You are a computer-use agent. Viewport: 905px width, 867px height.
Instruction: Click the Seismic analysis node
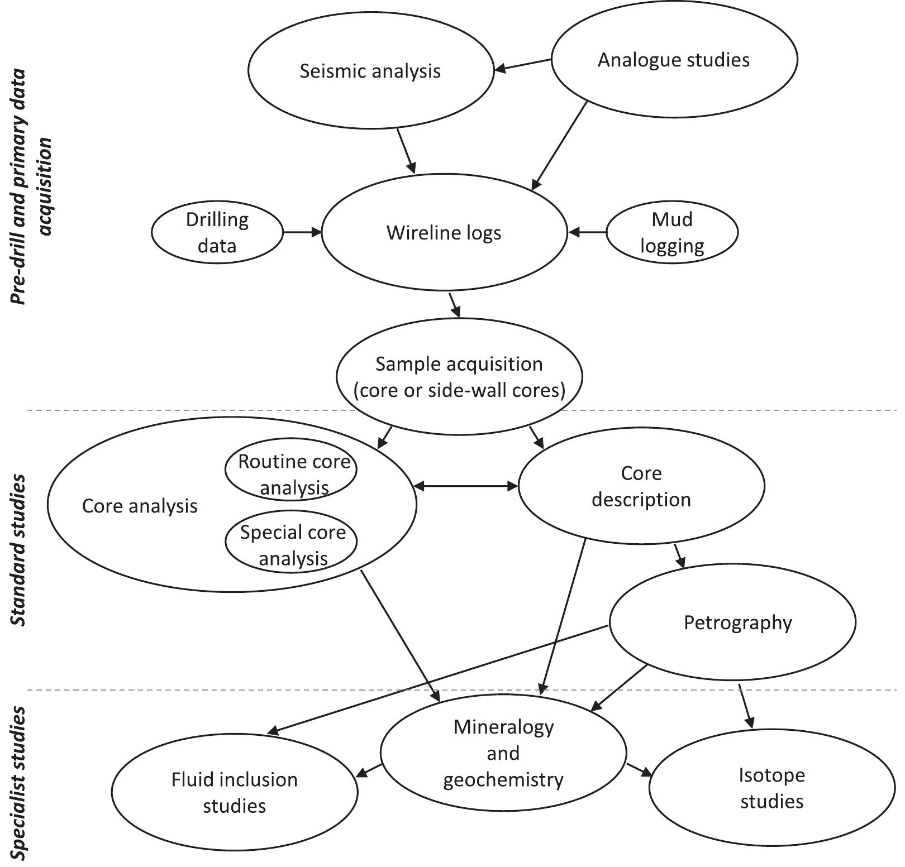[370, 71]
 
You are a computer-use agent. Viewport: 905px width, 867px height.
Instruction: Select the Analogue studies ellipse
[674, 60]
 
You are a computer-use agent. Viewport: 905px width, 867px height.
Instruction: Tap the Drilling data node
[217, 232]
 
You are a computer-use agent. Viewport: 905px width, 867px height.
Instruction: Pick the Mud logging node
[671, 232]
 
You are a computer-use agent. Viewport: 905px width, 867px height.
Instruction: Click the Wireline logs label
[444, 233]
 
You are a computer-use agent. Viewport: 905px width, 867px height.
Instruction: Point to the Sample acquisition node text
[459, 377]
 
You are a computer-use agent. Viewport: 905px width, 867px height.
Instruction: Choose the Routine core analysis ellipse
[292, 474]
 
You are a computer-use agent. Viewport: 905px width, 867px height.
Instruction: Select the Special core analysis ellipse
[292, 545]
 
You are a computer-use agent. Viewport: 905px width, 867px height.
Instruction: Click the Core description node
[641, 486]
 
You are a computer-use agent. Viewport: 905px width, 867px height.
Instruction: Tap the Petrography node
[737, 622]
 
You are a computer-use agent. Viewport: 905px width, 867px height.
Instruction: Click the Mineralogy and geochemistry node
[503, 753]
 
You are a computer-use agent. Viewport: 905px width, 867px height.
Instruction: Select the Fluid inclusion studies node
[234, 792]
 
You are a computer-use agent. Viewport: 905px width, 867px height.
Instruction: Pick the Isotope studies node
[771, 788]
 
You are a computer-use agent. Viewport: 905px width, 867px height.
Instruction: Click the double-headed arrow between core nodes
[467, 486]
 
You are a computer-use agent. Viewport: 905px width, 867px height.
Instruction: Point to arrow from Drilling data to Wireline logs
[302, 232]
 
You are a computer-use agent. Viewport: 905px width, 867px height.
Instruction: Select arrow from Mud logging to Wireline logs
[587, 232]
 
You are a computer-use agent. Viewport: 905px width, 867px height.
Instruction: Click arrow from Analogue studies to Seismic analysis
[523, 65]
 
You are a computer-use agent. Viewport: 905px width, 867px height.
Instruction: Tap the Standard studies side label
[18, 550]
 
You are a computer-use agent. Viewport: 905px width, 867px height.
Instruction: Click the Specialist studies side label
[18, 784]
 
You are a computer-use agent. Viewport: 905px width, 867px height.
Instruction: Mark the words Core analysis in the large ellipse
[140, 506]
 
